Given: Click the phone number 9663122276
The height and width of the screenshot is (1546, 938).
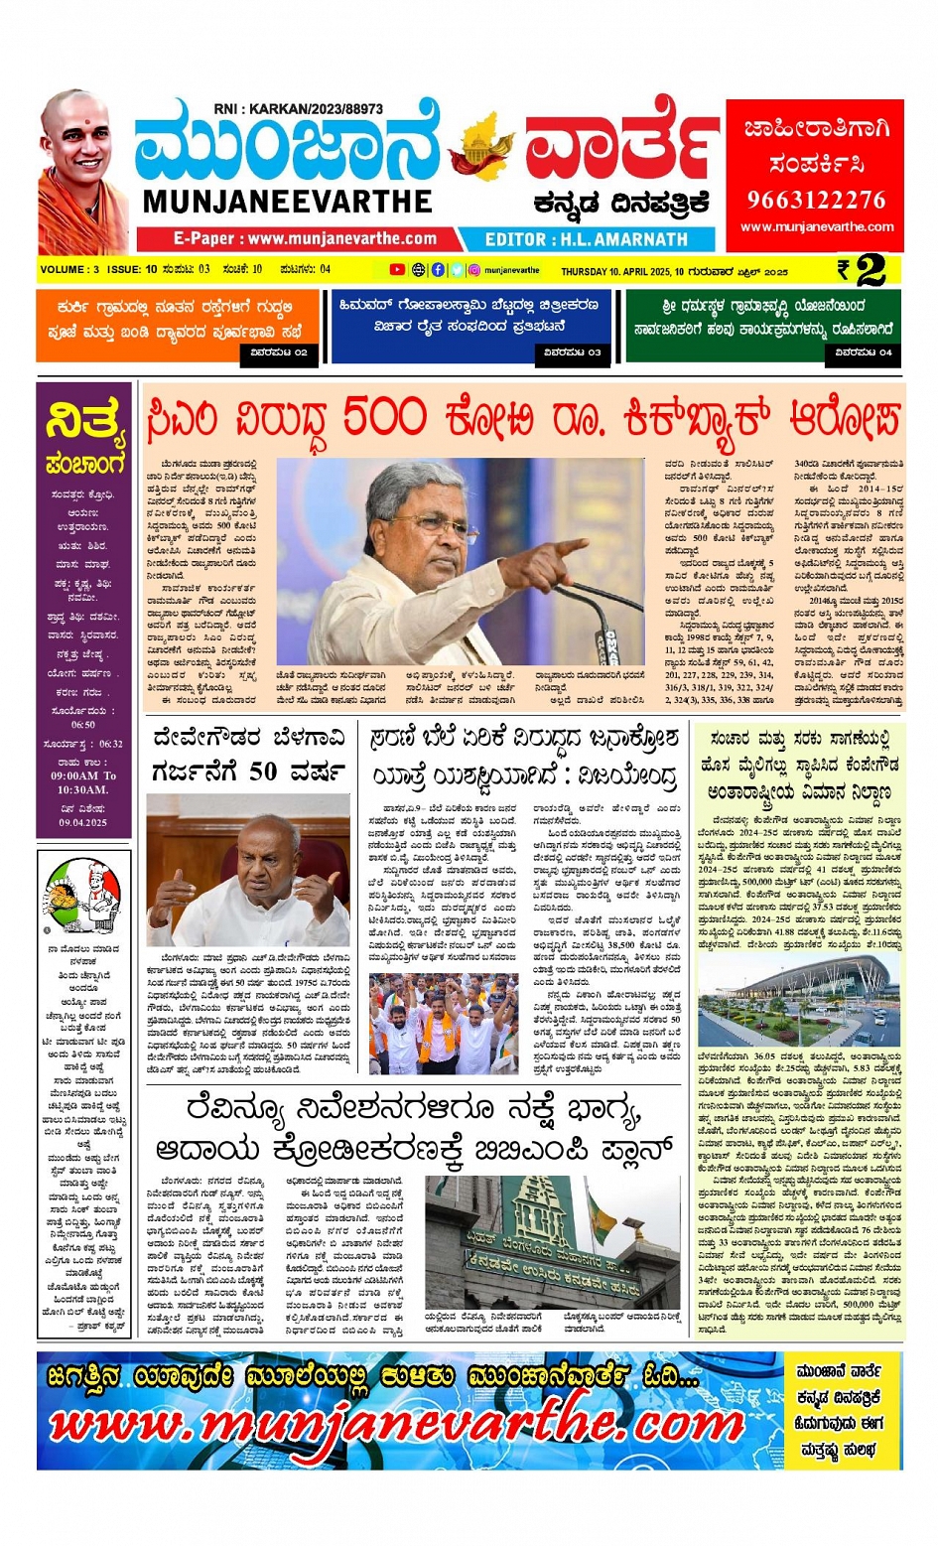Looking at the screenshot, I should [816, 201].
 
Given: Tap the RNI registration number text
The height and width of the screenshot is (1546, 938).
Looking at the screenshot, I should [298, 108].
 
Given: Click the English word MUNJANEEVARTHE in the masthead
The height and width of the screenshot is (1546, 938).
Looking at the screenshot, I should [288, 202].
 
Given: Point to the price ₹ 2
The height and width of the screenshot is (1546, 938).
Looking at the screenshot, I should [861, 270].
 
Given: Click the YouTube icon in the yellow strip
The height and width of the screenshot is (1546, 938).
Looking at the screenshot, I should [397, 269].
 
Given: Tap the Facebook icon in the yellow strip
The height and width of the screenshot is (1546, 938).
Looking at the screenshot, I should [438, 269].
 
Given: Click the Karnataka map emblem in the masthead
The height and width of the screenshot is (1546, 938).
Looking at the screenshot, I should [483, 148].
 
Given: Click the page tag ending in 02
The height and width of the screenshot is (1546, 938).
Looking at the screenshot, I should [279, 351].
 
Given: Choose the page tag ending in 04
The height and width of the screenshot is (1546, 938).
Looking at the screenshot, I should [864, 351].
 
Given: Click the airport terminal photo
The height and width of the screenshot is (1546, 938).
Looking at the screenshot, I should [799, 1000].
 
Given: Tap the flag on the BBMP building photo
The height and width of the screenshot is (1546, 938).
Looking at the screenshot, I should [602, 1213].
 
